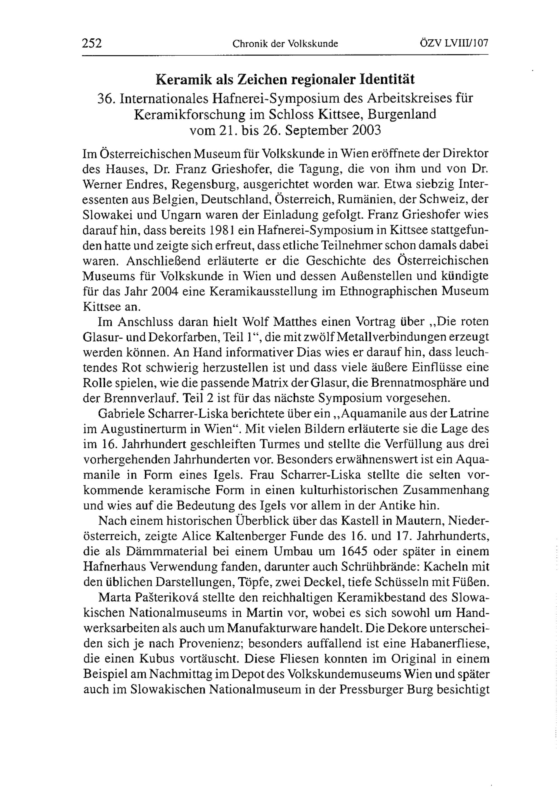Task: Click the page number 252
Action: [x=92, y=44]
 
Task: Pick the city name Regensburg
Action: [x=205, y=184]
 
